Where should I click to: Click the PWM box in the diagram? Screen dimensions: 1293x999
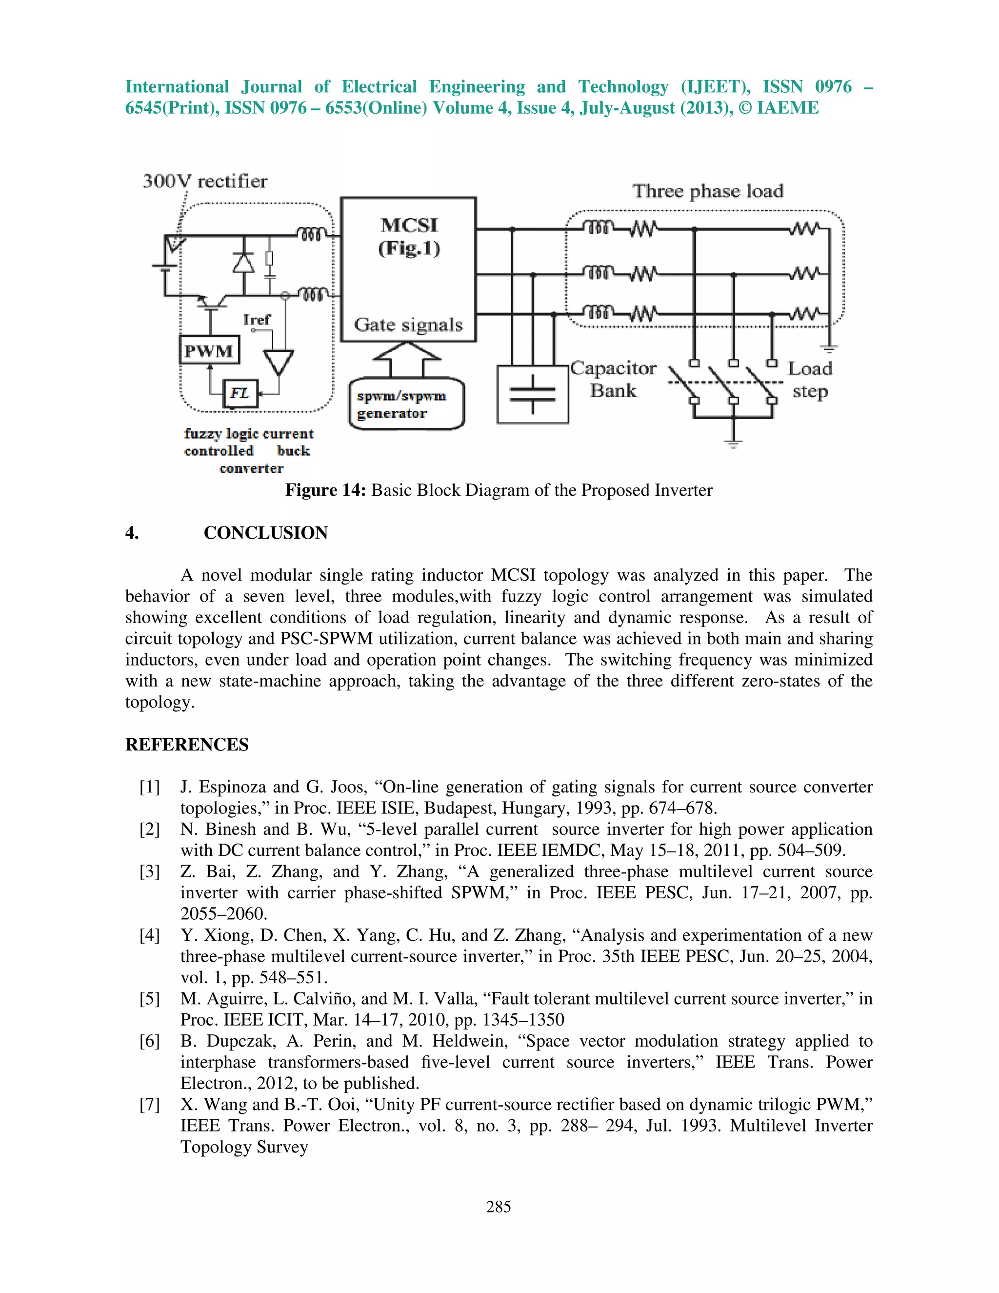(x=209, y=350)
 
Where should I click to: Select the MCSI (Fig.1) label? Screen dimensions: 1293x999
(x=409, y=236)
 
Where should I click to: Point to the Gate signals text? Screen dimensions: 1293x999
(x=408, y=324)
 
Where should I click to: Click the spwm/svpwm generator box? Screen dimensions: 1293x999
(x=406, y=404)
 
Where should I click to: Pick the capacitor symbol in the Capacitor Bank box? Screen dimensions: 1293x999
(x=533, y=394)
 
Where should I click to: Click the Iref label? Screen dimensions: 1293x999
(x=257, y=320)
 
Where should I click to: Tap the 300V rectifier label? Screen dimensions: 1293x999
(x=205, y=181)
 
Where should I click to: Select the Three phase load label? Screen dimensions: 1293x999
(x=708, y=191)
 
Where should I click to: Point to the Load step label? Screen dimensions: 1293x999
(x=810, y=380)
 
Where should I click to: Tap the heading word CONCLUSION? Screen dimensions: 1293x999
(x=266, y=533)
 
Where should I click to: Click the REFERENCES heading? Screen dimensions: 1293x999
(x=187, y=744)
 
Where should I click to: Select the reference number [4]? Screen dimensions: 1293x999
(x=150, y=935)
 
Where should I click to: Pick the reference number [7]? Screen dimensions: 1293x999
(x=150, y=1105)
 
